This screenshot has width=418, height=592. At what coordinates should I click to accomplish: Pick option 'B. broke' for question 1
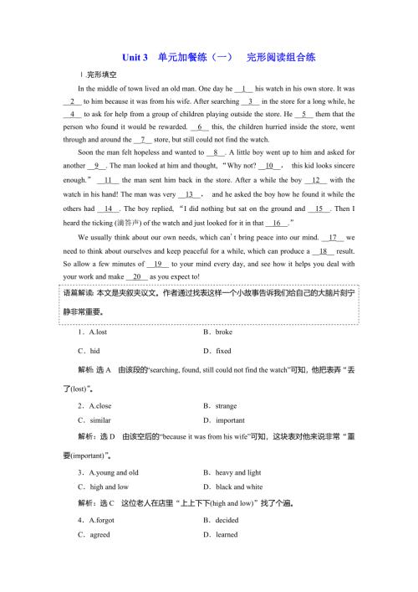click(x=219, y=332)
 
